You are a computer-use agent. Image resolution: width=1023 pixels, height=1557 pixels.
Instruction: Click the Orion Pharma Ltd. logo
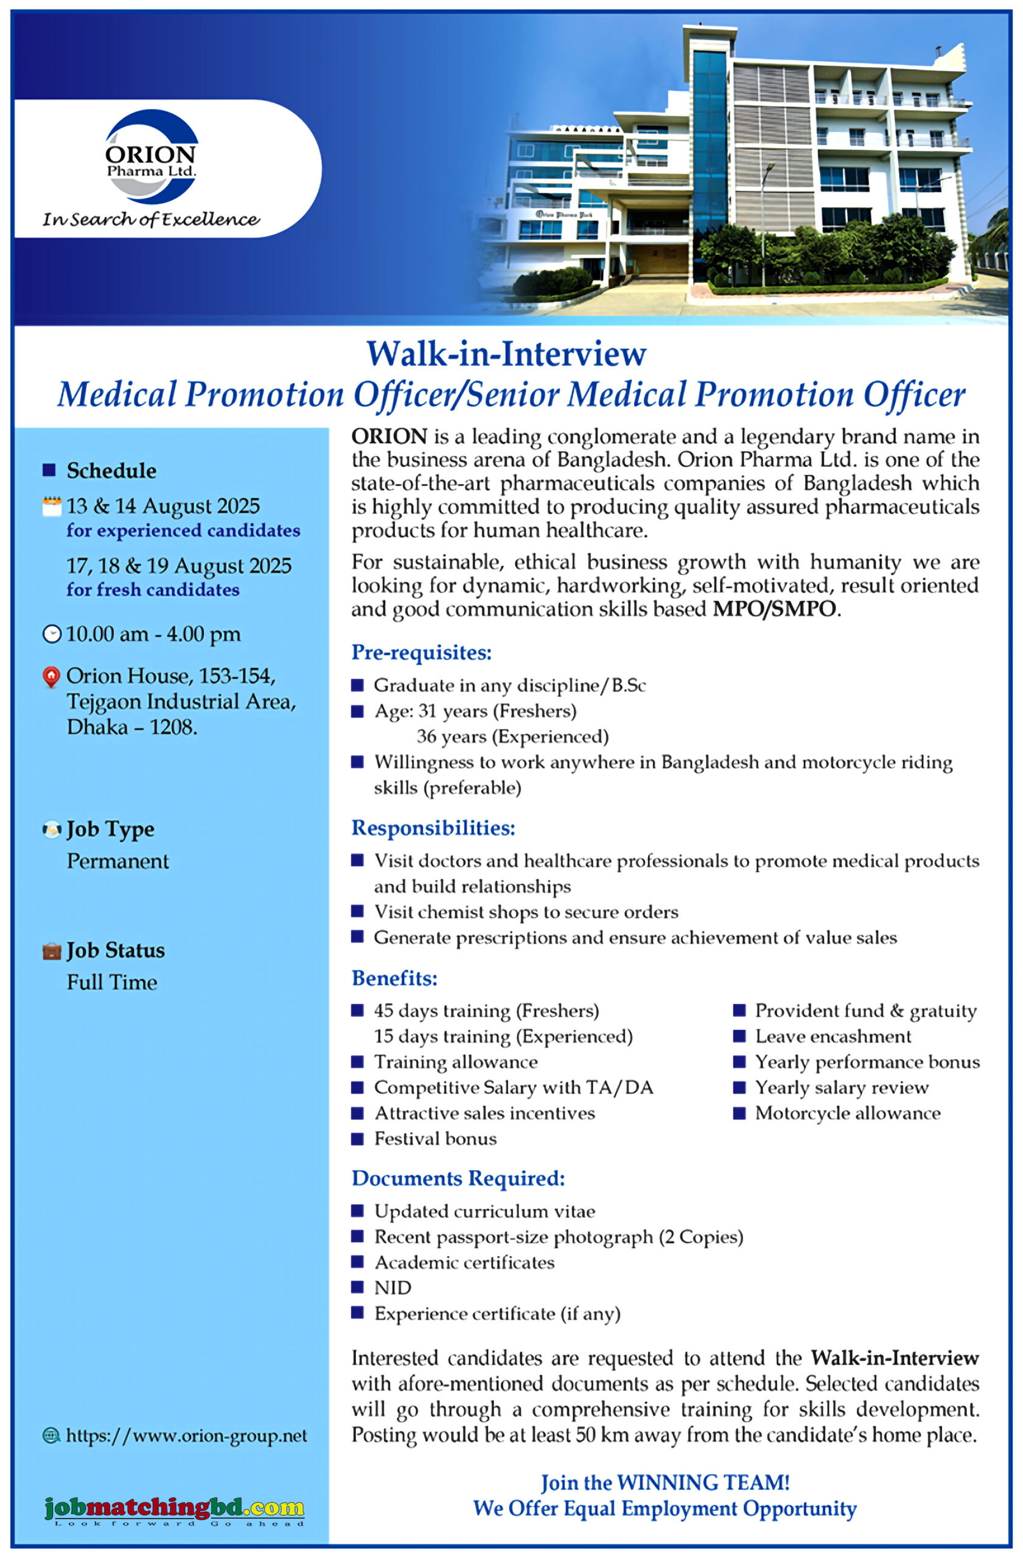151,157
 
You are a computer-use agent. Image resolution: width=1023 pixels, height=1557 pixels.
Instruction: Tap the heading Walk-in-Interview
506,354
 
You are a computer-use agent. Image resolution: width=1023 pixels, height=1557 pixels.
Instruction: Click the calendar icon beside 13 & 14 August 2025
52,507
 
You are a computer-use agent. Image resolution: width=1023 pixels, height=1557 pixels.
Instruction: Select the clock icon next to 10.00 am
52,634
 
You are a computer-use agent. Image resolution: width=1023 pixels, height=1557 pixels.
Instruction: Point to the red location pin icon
51,677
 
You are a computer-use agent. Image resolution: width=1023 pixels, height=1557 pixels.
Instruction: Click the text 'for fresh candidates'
153,590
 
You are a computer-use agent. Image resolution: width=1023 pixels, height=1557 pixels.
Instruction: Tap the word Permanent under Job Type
118,861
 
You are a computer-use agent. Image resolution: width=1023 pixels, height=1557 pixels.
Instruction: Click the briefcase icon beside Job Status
51,951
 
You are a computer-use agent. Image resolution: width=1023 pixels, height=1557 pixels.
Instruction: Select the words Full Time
112,982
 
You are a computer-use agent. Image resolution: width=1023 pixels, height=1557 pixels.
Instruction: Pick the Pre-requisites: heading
421,652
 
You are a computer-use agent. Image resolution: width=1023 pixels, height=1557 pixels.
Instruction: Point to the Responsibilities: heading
433,828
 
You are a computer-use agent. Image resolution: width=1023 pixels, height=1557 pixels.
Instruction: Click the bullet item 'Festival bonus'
435,1139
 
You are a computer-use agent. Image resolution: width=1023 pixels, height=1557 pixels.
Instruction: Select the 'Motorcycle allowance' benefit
848,1113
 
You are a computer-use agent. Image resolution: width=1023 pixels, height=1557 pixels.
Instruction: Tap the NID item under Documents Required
393,1288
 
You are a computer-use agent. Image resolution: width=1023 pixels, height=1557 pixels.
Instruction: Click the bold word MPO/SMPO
774,609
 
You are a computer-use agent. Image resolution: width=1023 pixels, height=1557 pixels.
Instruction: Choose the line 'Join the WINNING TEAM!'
665,1482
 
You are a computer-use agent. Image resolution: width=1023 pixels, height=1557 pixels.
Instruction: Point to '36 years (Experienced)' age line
512,737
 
